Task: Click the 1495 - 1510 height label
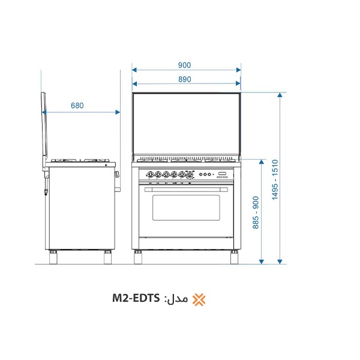point(274,179)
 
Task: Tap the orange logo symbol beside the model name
point(197,299)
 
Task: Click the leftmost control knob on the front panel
point(150,175)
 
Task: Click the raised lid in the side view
point(43,129)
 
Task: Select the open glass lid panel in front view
point(186,125)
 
